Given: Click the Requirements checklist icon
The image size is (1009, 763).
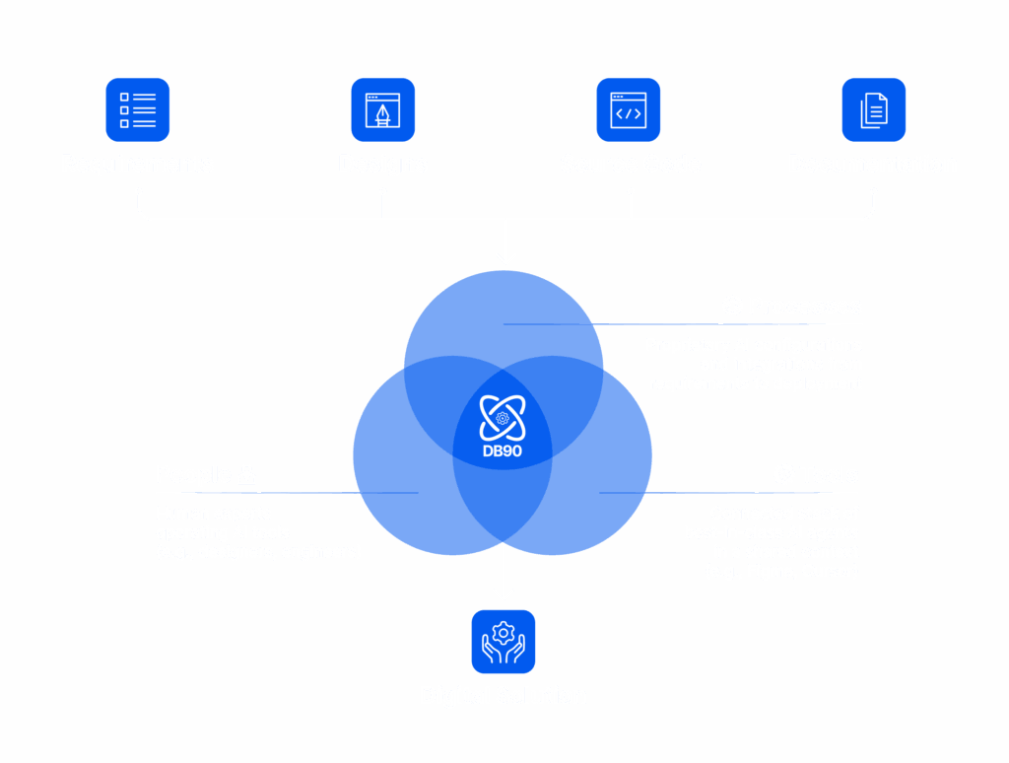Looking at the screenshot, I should (x=138, y=109).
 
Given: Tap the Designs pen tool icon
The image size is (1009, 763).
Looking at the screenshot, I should (x=383, y=109).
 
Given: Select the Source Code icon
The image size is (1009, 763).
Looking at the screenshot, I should (x=629, y=109).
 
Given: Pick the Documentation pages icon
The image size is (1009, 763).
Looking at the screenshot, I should (x=874, y=109).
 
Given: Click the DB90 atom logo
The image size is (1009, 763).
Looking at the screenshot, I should (x=503, y=417).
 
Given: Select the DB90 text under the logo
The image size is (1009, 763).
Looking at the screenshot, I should (x=503, y=451).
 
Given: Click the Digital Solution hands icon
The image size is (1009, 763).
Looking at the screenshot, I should (x=504, y=642).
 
